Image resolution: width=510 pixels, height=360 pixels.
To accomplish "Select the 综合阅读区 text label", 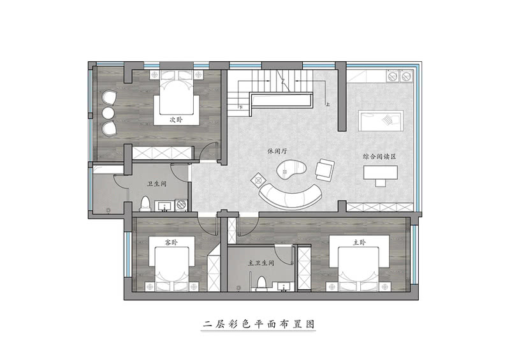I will pos(381,156).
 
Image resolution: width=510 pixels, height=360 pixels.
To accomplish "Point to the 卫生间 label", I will pos(156,184).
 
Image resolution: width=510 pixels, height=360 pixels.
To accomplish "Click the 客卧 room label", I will pos(170,243).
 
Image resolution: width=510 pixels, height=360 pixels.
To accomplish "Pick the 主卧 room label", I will pos(359,243).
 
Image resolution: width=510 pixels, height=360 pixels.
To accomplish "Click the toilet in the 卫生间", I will pos(145,205).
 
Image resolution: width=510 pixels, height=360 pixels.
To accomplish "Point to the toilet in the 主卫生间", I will pos(261,284).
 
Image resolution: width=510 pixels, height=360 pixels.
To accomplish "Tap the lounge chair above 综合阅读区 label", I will pos(381,119).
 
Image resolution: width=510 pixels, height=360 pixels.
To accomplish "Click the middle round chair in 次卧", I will pos(108,113).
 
